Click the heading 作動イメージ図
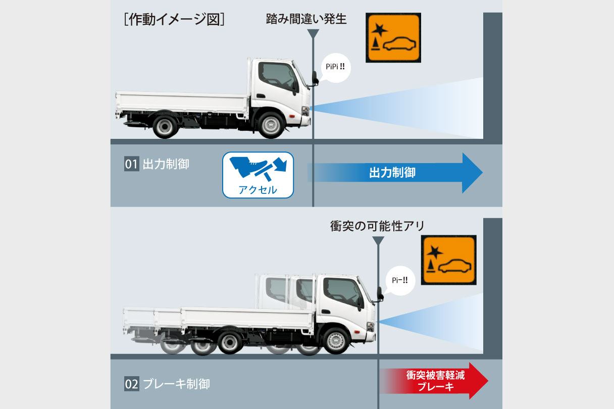tap(174, 20)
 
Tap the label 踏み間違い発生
tap(306, 19)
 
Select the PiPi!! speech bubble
tap(335, 68)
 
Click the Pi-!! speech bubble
tap(400, 280)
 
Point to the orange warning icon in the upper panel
tap(393, 37)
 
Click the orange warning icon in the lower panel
tap(449, 260)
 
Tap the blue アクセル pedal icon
tap(258, 175)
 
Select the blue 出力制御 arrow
tap(395, 173)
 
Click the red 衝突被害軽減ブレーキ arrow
tap(434, 381)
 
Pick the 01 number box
tap(132, 164)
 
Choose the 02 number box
tap(132, 384)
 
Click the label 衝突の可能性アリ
tap(377, 226)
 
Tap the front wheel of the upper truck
tap(271, 125)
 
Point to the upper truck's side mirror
tap(315, 78)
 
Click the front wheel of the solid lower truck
tap(336, 341)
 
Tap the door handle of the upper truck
tap(261, 95)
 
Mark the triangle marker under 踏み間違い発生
tap(313, 33)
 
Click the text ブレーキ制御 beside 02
tap(176, 384)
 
